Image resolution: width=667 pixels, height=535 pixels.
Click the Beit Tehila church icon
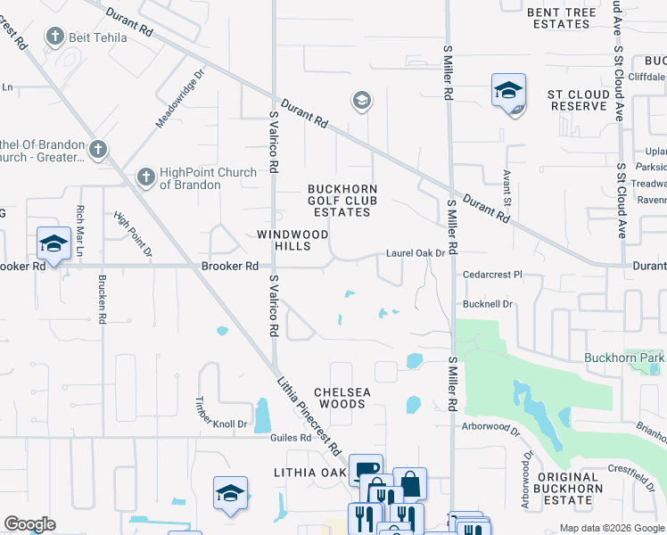(55, 37)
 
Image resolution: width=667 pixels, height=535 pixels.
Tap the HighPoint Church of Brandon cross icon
(144, 178)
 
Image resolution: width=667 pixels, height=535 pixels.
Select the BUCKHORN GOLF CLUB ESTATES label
(342, 201)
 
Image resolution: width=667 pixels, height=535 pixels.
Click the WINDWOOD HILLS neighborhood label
(287, 240)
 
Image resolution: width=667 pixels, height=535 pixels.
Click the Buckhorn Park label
(624, 358)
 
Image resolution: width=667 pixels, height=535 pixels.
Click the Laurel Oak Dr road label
(415, 254)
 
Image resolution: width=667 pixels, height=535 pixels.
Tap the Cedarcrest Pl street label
(491, 276)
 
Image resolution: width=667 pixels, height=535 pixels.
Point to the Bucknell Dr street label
(488, 304)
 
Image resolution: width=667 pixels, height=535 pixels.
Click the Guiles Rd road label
(292, 438)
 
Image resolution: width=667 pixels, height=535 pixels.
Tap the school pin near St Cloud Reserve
(508, 92)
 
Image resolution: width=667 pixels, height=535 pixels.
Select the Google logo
(30, 524)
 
